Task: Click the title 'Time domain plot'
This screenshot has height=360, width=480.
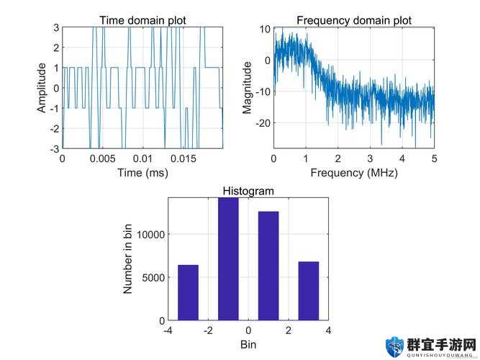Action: [142, 21]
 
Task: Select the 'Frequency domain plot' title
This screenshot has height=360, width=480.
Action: [354, 21]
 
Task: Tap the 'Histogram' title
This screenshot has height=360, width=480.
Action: [248, 192]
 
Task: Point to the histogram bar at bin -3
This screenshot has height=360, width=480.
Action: [188, 292]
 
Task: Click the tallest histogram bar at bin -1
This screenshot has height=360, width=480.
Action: [228, 259]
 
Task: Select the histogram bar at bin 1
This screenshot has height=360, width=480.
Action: [268, 266]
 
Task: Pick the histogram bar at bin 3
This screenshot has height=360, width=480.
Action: [309, 291]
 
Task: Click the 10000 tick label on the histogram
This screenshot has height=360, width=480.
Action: [150, 235]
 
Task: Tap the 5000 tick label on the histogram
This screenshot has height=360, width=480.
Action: [153, 278]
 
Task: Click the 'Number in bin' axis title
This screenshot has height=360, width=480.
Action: [127, 259]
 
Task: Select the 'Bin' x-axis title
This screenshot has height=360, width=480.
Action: [248, 344]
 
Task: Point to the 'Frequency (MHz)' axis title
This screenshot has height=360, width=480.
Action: [354, 173]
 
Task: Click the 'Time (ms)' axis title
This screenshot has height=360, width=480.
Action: [142, 173]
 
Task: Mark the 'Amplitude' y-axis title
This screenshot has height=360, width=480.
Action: [42, 88]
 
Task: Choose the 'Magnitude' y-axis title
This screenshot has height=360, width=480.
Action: [248, 88]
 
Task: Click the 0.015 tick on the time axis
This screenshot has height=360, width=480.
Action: [183, 158]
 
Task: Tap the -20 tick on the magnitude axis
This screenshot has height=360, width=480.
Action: [263, 123]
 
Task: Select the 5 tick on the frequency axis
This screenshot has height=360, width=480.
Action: [435, 158]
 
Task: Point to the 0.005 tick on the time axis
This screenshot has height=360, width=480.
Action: [103, 158]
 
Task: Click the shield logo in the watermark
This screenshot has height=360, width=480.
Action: [394, 346]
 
